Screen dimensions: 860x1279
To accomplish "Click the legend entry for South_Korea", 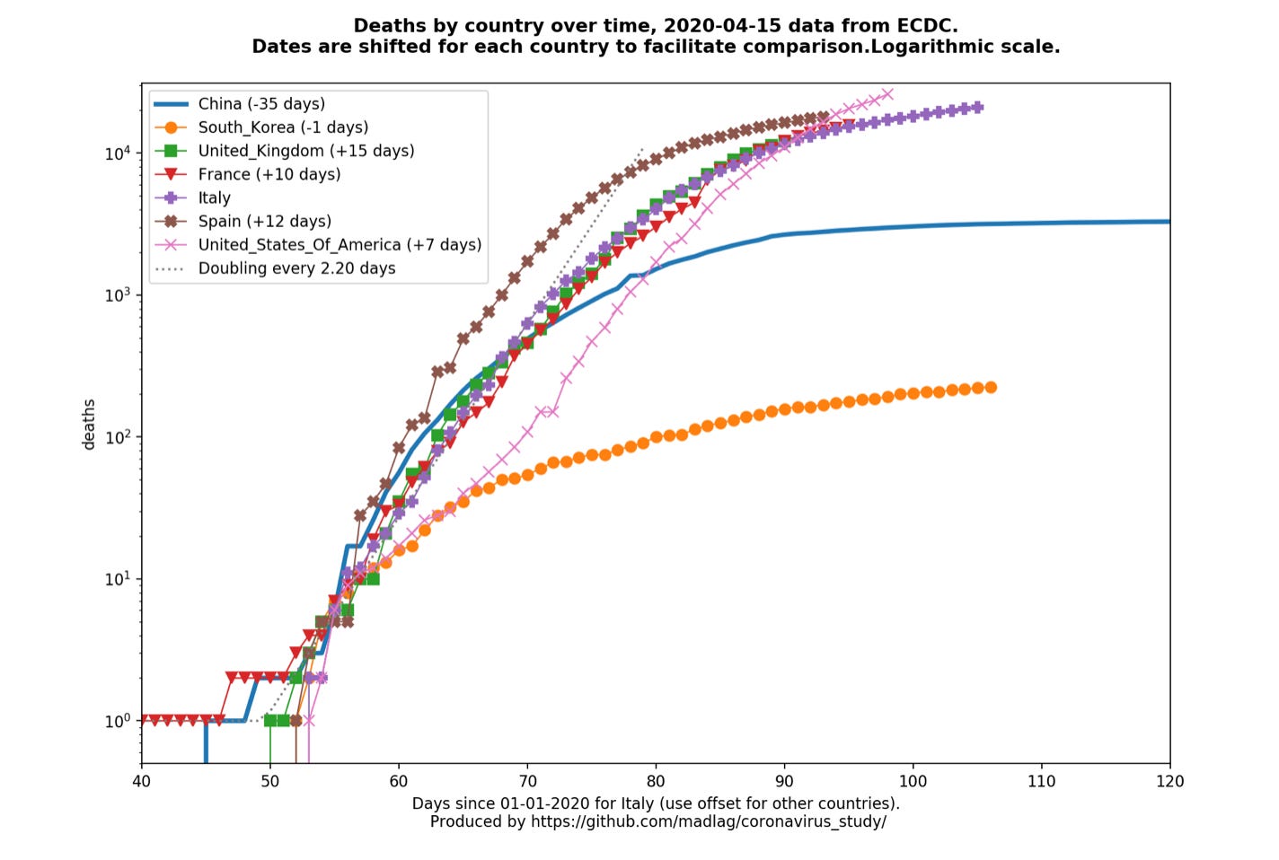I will pyautogui.click(x=283, y=127).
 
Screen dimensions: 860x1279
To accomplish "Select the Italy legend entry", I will pyautogui.click(x=214, y=197).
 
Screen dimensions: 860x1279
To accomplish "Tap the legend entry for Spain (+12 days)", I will pyautogui.click(x=264, y=221).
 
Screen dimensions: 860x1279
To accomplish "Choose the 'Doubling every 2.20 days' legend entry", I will pyautogui.click(x=296, y=268).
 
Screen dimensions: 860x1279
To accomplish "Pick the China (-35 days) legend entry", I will pyautogui.click(x=261, y=104).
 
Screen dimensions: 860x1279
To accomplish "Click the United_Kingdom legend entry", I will pyautogui.click(x=306, y=151).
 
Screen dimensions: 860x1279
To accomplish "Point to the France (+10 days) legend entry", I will pyautogui.click(x=269, y=174).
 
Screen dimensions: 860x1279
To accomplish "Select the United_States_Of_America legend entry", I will pyautogui.click(x=340, y=244).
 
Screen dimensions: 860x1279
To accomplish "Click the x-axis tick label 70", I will pyautogui.click(x=528, y=781).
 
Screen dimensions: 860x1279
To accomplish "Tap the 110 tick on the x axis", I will pyautogui.click(x=1042, y=781).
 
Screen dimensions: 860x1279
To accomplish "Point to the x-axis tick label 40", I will pyautogui.click(x=142, y=781).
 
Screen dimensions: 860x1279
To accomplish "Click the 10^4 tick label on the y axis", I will pyautogui.click(x=118, y=154).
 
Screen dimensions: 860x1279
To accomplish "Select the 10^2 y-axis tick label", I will pyautogui.click(x=118, y=437).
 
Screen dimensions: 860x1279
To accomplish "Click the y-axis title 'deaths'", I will pyautogui.click(x=89, y=424).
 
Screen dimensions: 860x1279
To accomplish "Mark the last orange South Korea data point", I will pyautogui.click(x=991, y=387).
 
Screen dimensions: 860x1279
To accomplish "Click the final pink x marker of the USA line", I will pyautogui.click(x=887, y=93).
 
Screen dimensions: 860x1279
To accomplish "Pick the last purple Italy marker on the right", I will pyautogui.click(x=977, y=107).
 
